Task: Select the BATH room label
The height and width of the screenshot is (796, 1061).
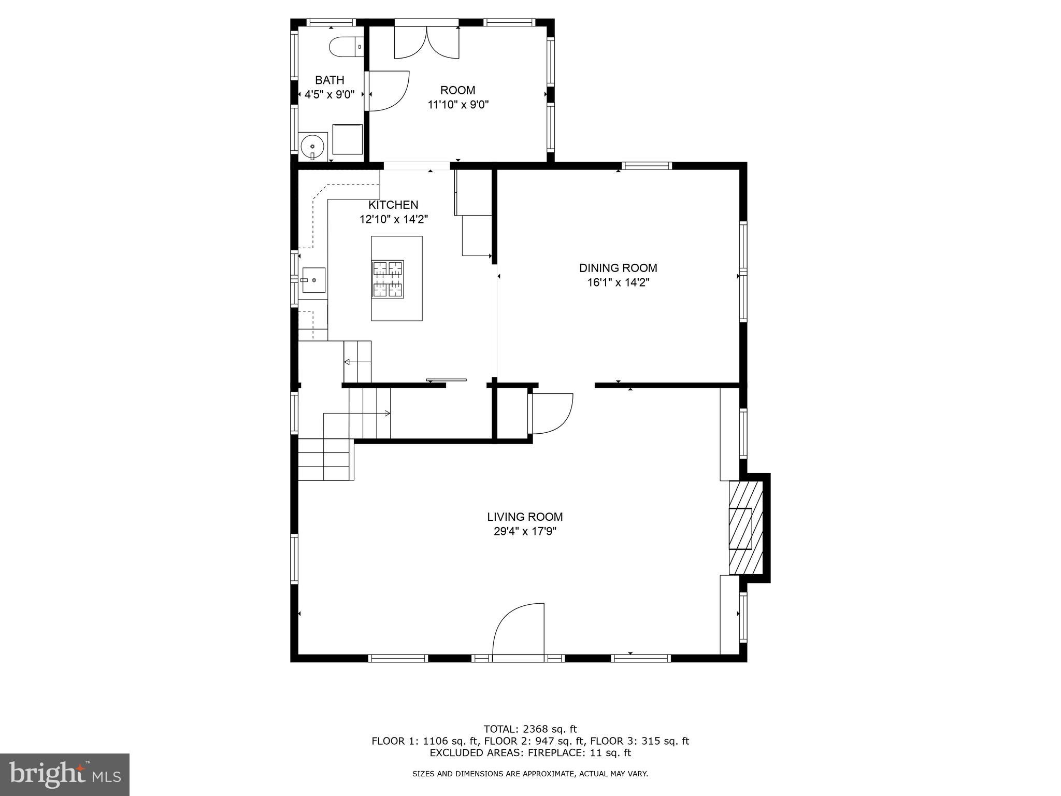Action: [x=329, y=80]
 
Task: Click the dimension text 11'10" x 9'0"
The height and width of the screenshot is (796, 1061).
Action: [x=458, y=105]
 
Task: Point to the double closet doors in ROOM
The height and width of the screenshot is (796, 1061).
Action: [x=426, y=42]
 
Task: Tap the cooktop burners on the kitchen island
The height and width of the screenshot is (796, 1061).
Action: [x=388, y=279]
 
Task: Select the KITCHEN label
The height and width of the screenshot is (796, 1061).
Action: [x=393, y=205]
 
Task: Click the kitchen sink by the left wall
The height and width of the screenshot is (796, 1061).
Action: [x=313, y=280]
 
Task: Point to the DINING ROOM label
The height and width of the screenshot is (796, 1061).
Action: [x=618, y=268]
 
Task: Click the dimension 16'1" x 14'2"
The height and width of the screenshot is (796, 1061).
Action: [x=618, y=282]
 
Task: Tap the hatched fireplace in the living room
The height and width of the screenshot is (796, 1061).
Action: [x=746, y=528]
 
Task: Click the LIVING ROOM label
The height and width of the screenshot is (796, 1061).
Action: [x=525, y=517]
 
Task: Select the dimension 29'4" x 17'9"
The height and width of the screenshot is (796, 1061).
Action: [x=525, y=531]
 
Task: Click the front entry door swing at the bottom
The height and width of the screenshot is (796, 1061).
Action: [x=518, y=630]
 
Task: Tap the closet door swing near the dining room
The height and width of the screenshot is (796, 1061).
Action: [x=550, y=413]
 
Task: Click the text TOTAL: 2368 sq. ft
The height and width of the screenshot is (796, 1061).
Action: [x=530, y=729]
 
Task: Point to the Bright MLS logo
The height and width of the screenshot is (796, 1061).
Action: [x=65, y=774]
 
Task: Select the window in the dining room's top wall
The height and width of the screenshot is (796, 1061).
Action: [x=647, y=166]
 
